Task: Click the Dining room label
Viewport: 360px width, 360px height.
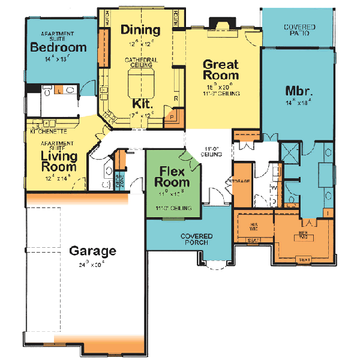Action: pos(140,30)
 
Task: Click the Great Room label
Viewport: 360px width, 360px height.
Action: pos(221,70)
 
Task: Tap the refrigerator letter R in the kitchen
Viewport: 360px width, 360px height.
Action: pos(176,97)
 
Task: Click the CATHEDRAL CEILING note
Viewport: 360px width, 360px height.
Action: pos(140,62)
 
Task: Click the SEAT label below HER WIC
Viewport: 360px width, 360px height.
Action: pos(305,259)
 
